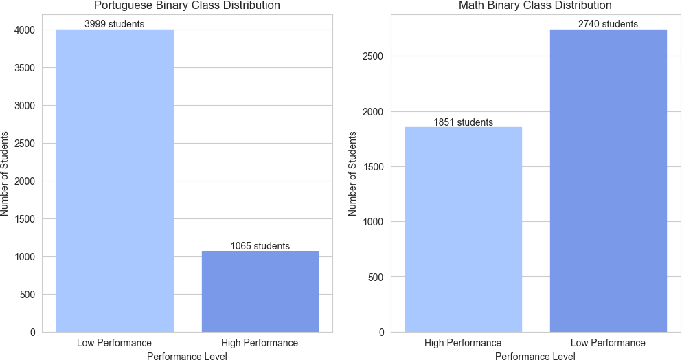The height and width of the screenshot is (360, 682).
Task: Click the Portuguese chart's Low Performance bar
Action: click(x=115, y=181)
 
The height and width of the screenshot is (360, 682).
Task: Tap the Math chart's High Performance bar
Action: click(x=463, y=229)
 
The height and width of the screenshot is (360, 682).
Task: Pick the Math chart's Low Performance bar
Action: click(x=608, y=181)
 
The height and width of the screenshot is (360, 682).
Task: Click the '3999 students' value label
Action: click(x=115, y=24)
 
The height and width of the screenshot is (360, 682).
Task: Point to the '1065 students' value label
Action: click(x=260, y=246)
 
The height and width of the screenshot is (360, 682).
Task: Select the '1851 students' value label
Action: click(x=463, y=122)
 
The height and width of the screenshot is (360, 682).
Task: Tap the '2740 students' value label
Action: click(x=608, y=24)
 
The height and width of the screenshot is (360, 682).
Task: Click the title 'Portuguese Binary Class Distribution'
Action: click(x=187, y=6)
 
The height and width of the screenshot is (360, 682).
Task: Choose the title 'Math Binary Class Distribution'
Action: click(x=535, y=6)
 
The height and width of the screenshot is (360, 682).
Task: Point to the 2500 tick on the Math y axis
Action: click(x=374, y=56)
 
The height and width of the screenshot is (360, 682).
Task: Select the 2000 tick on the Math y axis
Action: click(x=374, y=112)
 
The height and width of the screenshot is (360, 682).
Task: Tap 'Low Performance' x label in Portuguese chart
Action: click(x=115, y=343)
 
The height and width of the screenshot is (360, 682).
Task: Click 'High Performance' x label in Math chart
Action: click(x=463, y=343)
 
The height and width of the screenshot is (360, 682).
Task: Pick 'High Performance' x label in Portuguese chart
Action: click(x=260, y=343)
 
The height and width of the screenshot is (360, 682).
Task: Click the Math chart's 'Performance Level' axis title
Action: click(x=535, y=357)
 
